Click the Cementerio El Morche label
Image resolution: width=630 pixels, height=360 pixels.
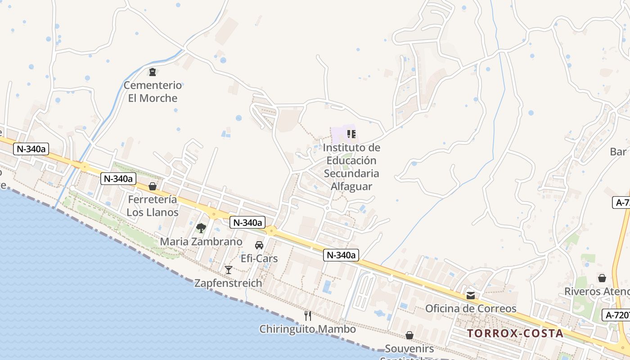153,91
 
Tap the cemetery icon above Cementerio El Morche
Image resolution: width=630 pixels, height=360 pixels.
153,72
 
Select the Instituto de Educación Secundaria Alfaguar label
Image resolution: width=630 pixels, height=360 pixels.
351,167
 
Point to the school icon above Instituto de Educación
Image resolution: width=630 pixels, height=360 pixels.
351,134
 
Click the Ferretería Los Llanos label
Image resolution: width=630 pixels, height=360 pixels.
153,206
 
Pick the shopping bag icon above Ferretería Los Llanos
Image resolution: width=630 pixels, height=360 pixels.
153,186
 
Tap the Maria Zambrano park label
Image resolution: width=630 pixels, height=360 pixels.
201,242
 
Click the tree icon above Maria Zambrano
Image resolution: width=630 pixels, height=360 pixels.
201,228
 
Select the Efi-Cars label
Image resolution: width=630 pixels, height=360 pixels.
259,259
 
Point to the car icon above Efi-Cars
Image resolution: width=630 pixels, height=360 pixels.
259,245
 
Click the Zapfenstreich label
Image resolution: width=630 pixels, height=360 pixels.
228,283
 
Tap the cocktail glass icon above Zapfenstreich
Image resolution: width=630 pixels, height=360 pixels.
229,270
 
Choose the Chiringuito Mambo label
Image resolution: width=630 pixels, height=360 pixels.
307,329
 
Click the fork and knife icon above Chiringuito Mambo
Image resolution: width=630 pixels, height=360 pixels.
308,315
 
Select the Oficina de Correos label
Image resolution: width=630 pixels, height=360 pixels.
471,309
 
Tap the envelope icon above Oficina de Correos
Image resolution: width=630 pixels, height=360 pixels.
471,296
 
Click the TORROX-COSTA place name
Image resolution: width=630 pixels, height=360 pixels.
515,333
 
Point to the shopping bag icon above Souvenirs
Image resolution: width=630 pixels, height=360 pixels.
409,335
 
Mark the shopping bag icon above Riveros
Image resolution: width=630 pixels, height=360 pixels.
602,278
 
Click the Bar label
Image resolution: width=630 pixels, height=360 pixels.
618,152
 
